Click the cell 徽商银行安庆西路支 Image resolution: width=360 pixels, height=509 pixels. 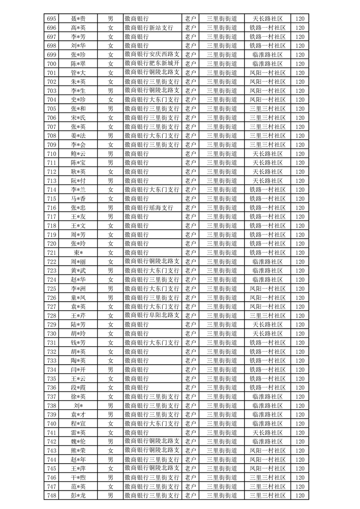tap(152, 54)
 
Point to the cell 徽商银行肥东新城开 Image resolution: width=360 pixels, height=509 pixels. tap(152, 64)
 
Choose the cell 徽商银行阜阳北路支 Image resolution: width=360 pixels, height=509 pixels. tap(152, 315)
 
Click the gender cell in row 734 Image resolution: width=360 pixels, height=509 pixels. tap(110, 369)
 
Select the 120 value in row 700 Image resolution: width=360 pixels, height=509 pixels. tap(300, 64)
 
